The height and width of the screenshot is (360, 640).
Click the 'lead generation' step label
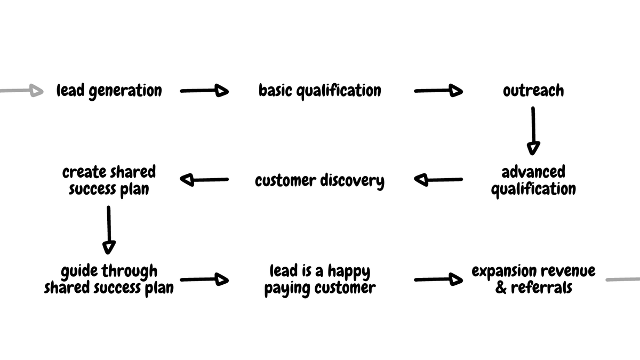pyautogui.click(x=109, y=91)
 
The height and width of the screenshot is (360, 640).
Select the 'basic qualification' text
pyautogui.click(x=319, y=91)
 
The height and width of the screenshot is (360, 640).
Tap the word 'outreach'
pyautogui.click(x=533, y=91)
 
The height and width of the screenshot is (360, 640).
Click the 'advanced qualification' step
pyautogui.click(x=533, y=180)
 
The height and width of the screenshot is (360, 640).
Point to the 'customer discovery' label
pyautogui.click(x=319, y=180)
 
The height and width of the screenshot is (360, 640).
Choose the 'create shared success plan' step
pyautogui.click(x=109, y=180)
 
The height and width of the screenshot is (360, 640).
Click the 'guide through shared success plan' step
pyautogui.click(x=109, y=279)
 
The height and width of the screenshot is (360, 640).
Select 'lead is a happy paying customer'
pyautogui.click(x=319, y=279)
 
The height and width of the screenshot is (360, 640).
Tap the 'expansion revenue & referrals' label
pyautogui.click(x=533, y=279)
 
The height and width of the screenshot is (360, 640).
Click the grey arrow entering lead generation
pyautogui.click(x=21, y=91)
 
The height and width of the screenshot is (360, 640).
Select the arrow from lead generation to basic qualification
pyautogui.click(x=204, y=91)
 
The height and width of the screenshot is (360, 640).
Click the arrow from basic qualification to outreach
pyautogui.click(x=438, y=91)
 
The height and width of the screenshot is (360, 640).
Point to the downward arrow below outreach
pyautogui.click(x=533, y=131)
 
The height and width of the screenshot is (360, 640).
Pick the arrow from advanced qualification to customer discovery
pyautogui.click(x=438, y=180)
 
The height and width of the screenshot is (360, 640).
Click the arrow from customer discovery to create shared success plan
pyautogui.click(x=204, y=180)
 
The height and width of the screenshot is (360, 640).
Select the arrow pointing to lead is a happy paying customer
pyautogui.click(x=204, y=279)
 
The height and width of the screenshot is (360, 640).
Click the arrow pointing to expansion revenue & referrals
pyautogui.click(x=438, y=279)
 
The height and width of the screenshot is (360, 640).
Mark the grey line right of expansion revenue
pyautogui.click(x=623, y=279)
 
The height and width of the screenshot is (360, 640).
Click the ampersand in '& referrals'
pyautogui.click(x=501, y=289)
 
